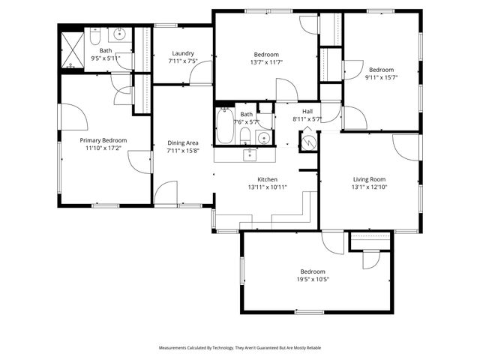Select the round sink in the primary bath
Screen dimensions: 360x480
click(121, 34)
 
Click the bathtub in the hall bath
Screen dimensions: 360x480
click(224, 127)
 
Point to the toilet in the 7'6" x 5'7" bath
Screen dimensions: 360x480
click(245, 136)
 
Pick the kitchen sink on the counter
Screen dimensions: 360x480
click(250, 154)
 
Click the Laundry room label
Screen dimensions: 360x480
click(183, 53)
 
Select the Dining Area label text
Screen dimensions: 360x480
click(182, 142)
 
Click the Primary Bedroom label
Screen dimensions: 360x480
click(103, 140)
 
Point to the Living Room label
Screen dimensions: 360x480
click(369, 179)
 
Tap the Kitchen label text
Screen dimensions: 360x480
click(268, 180)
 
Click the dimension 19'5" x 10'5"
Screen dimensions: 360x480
click(313, 279)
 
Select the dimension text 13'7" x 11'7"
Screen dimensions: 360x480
click(266, 62)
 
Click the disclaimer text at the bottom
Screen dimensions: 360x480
click(239, 348)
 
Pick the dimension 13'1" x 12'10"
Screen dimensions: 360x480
click(369, 187)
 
